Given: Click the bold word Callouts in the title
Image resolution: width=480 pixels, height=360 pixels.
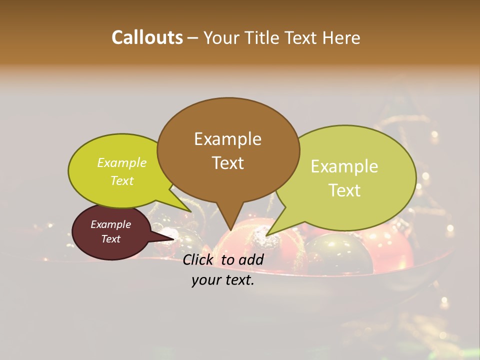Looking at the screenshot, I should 147,37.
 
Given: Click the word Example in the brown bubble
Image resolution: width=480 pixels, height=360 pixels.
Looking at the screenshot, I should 227,139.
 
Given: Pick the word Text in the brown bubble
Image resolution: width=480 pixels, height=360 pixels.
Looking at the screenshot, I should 227,162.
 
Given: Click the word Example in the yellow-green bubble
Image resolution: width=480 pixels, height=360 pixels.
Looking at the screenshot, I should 122,162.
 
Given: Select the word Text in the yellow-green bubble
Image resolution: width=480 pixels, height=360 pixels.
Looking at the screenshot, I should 122,180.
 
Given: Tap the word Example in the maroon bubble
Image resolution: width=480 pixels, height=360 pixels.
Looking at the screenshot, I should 110,224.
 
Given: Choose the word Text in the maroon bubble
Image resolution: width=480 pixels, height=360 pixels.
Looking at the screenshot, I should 110,238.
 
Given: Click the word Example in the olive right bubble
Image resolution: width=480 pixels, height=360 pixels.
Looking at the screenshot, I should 344,166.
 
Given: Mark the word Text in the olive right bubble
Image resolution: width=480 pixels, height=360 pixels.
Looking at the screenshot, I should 344,190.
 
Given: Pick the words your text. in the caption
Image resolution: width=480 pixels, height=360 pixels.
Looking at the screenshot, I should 223,280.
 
